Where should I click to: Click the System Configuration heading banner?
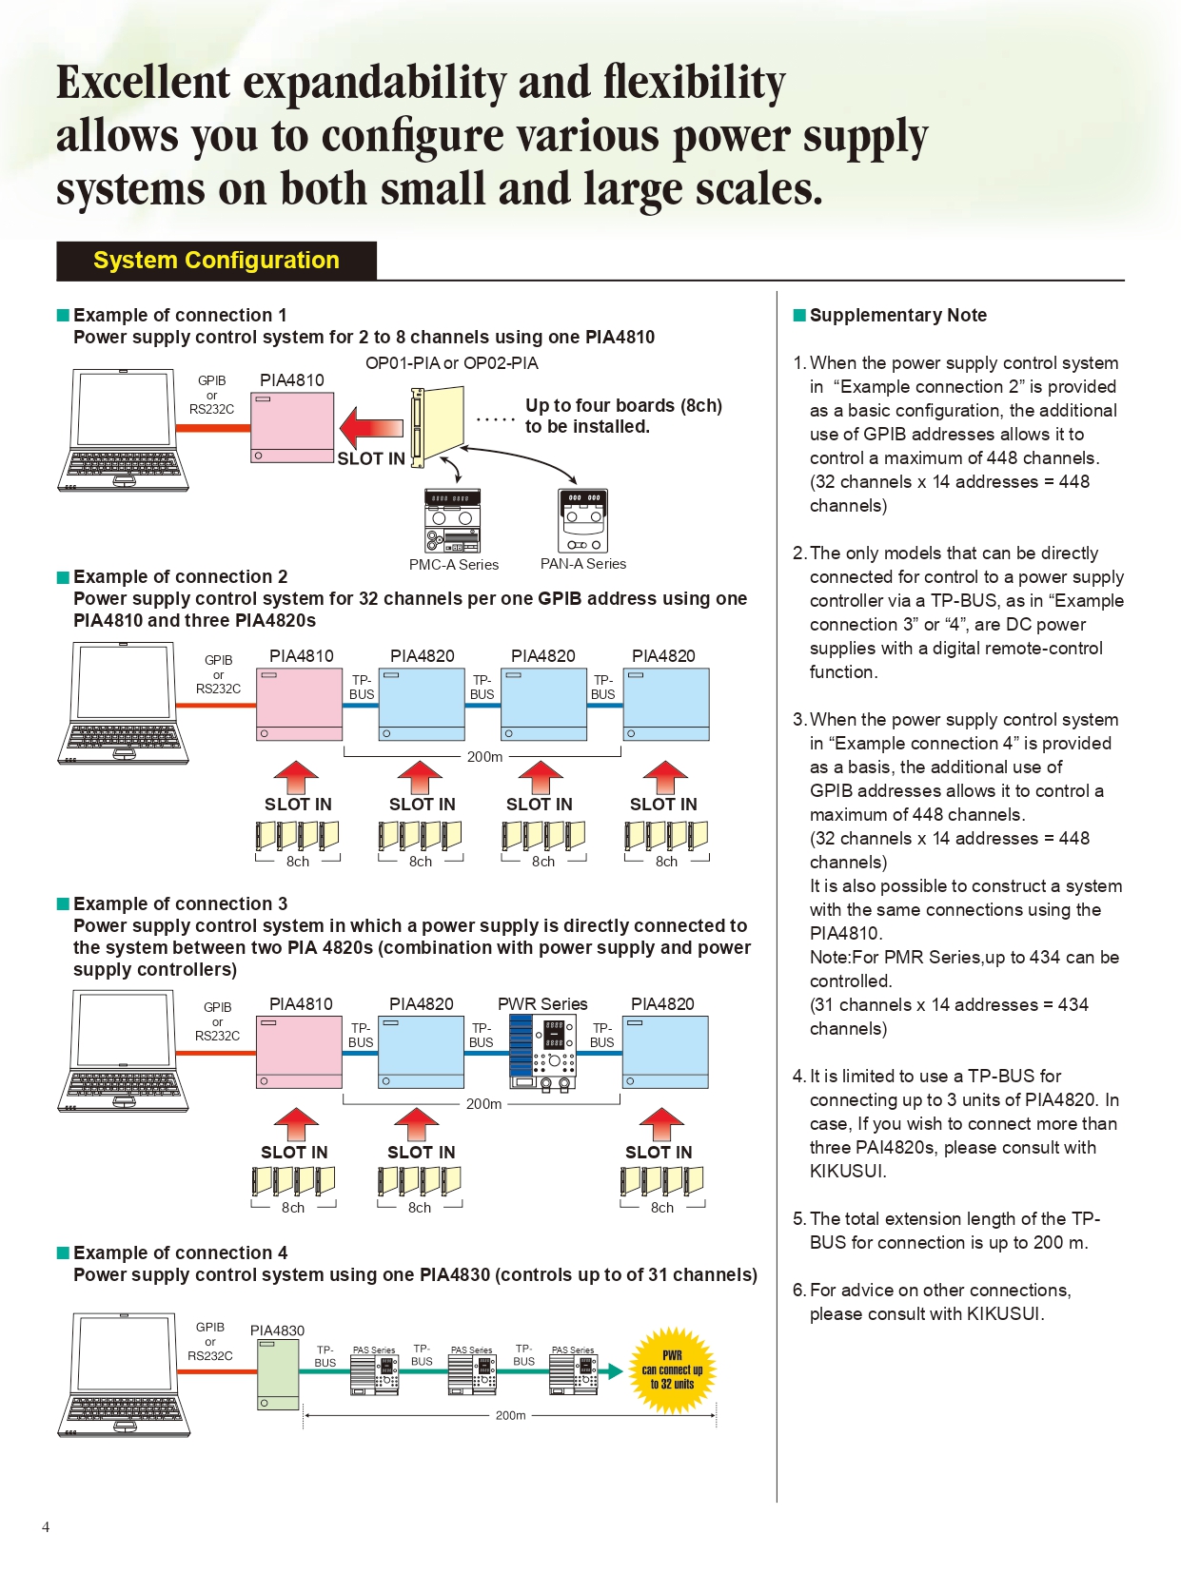(216, 261)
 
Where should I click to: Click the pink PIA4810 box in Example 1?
(292, 428)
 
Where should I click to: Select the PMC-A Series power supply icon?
(452, 520)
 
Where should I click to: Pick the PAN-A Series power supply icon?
(582, 520)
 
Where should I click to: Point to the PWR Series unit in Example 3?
(542, 1053)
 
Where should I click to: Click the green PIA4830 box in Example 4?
(278, 1375)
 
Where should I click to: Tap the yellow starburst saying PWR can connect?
(672, 1369)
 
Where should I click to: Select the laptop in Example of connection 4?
(124, 1374)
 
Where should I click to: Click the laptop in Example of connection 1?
(124, 430)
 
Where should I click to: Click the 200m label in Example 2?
(484, 757)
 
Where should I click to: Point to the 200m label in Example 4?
(510, 1415)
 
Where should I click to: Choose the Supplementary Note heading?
(897, 316)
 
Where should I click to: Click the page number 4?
(46, 1527)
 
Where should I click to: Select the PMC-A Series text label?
(454, 565)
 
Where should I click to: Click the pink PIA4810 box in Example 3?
(299, 1052)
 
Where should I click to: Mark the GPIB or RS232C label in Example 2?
(218, 674)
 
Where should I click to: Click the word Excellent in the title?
(143, 83)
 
